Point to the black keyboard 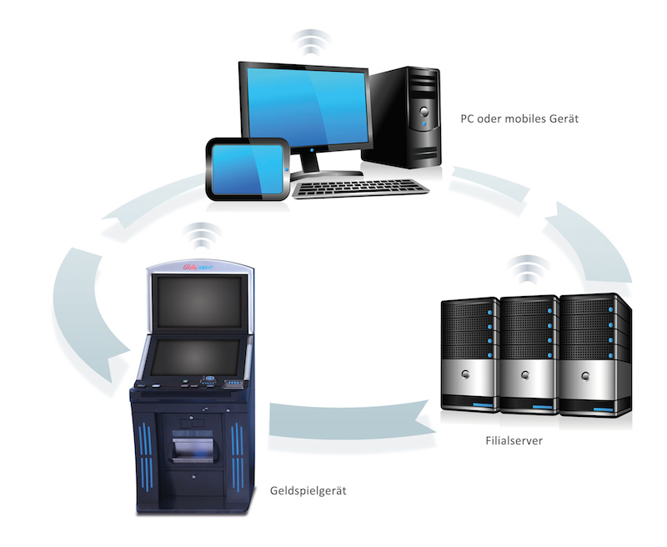[362, 187]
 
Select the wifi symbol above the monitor [310, 41]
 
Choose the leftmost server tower [470, 355]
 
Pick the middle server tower [529, 354]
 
